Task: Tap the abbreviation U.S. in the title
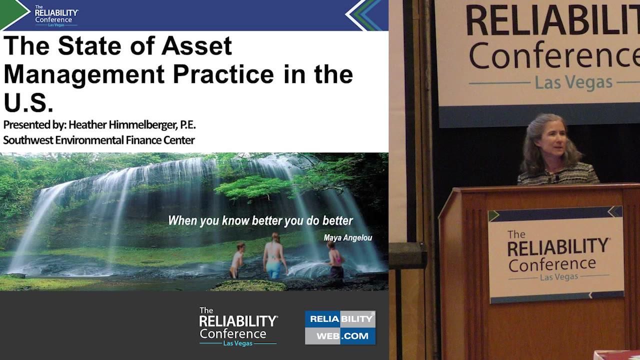[x=28, y=103]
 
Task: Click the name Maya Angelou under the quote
[x=347, y=238]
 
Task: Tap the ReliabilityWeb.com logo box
[x=340, y=327]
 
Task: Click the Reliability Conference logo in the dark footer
[x=238, y=326]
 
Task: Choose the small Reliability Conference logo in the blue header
[x=56, y=15]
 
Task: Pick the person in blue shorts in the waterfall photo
[x=274, y=255]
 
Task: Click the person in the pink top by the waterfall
[x=336, y=260]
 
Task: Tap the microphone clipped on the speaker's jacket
[x=556, y=177]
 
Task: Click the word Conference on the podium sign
[x=552, y=263]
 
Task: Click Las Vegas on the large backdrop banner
[x=573, y=82]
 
